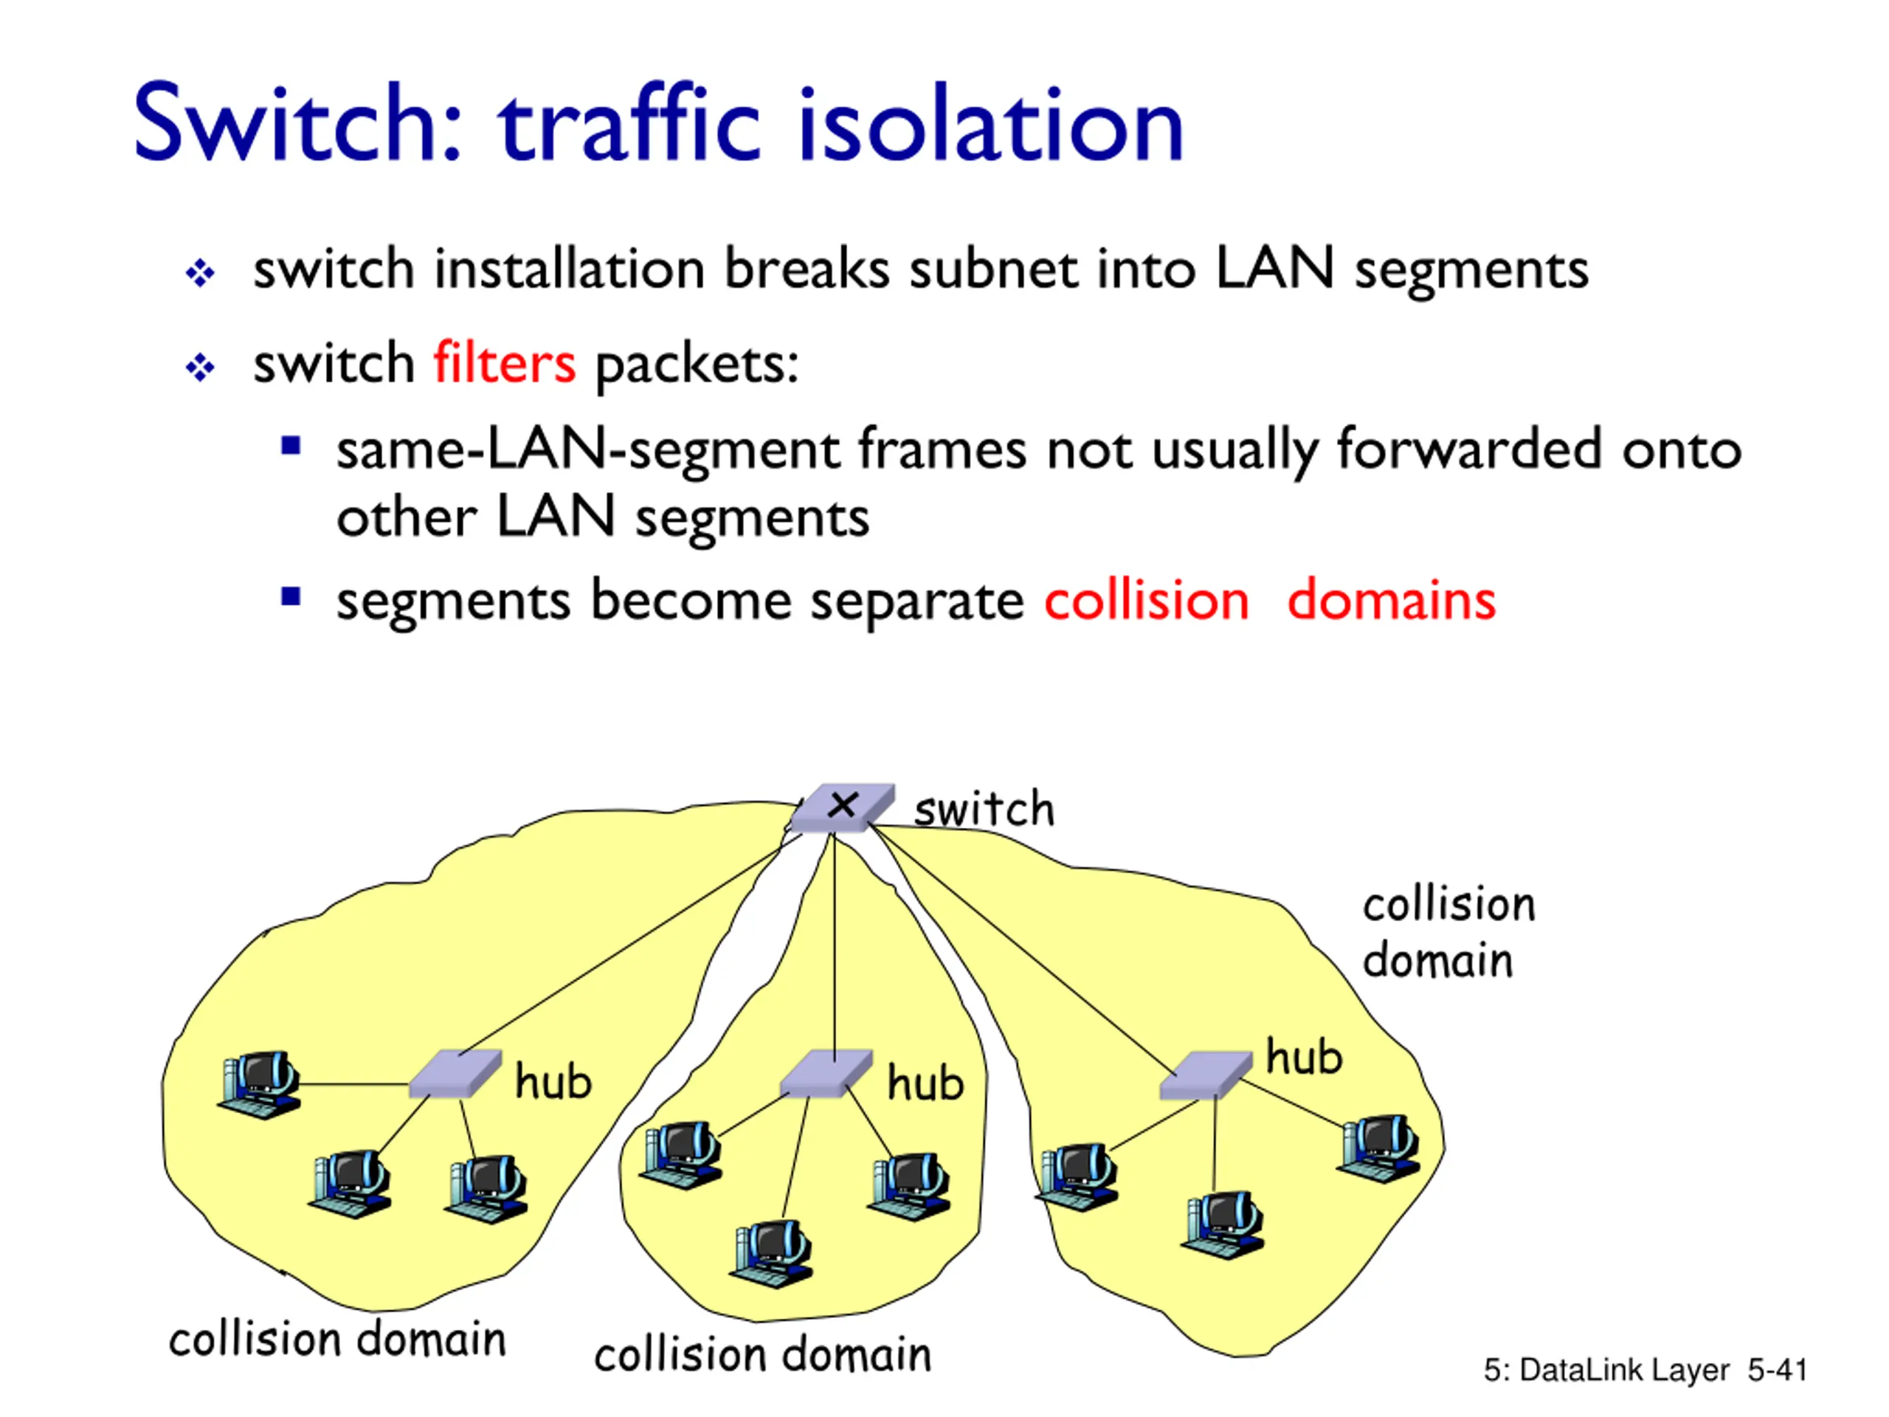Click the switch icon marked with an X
click(842, 807)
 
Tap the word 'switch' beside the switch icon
click(984, 809)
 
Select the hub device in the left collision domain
click(455, 1074)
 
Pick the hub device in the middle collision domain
click(826, 1074)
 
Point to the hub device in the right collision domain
click(1206, 1075)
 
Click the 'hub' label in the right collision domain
click(1304, 1057)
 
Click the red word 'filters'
click(504, 362)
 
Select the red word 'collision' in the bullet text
click(1146, 599)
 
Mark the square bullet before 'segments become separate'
click(291, 596)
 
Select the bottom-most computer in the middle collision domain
click(772, 1253)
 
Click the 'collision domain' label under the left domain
click(337, 1339)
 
